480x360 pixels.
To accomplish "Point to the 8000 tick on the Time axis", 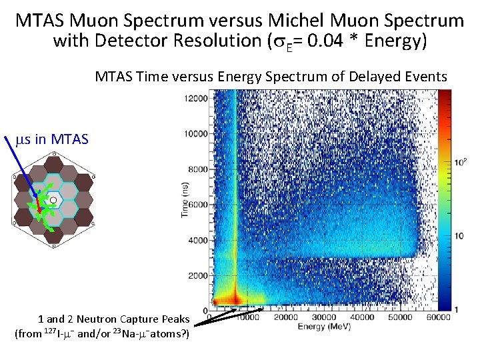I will click(x=197, y=169).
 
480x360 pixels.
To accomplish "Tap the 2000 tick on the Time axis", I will click(x=197, y=275).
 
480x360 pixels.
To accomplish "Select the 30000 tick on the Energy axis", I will click(x=325, y=317).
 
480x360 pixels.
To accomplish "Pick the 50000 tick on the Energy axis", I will click(x=400, y=317).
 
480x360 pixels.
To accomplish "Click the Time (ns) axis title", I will click(x=184, y=200).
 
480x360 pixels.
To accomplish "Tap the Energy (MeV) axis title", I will click(x=322, y=327).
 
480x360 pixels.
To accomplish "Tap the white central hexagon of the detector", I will click(x=54, y=199).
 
